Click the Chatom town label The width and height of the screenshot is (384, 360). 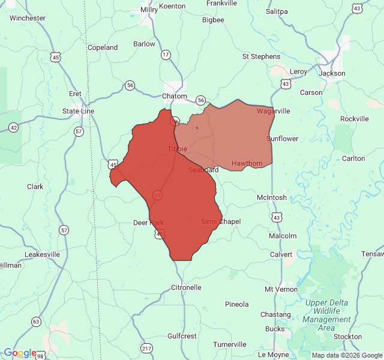[175, 96]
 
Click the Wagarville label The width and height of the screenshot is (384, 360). [273, 111]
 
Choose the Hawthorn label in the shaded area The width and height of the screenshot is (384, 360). [247, 163]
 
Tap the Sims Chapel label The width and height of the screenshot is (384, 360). [220, 221]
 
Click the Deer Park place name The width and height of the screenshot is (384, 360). [148, 223]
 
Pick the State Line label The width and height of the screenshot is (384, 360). [79, 112]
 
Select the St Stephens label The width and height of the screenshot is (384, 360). [261, 56]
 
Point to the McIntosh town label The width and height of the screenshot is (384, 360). [271, 197]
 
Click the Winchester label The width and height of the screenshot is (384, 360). [28, 18]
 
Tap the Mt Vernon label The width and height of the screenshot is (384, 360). [281, 289]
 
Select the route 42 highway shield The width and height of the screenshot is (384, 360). [14, 127]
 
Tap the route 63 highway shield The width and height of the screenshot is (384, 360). [36, 322]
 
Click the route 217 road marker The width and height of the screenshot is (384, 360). [146, 348]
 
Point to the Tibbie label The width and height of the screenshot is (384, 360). [177, 149]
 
